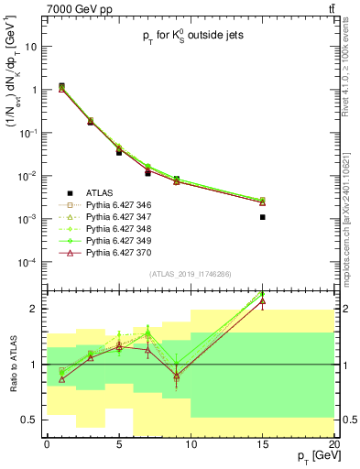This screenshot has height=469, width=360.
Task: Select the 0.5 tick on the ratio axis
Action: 30,420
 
